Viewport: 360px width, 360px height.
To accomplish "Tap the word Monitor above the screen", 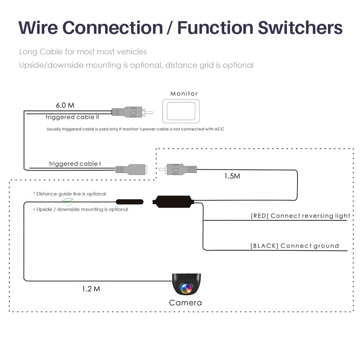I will pyautogui.click(x=184, y=94).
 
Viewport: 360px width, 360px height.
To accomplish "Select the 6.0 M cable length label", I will pyautogui.click(x=65, y=105).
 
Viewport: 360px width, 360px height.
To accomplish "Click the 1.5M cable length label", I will pyautogui.click(x=232, y=176).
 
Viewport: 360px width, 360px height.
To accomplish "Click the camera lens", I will pyautogui.click(x=186, y=288).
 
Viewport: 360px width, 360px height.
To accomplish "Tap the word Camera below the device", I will pyautogui.click(x=185, y=303).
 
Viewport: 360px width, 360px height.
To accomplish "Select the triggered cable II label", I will pyautogui.click(x=72, y=117).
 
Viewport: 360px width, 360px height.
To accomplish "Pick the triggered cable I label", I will pyautogui.click(x=75, y=164).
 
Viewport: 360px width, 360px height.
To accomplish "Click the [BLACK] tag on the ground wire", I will pyautogui.click(x=264, y=246).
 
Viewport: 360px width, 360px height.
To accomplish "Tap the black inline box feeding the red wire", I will pyautogui.click(x=174, y=201).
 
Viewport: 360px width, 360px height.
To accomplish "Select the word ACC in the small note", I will pyautogui.click(x=219, y=129).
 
